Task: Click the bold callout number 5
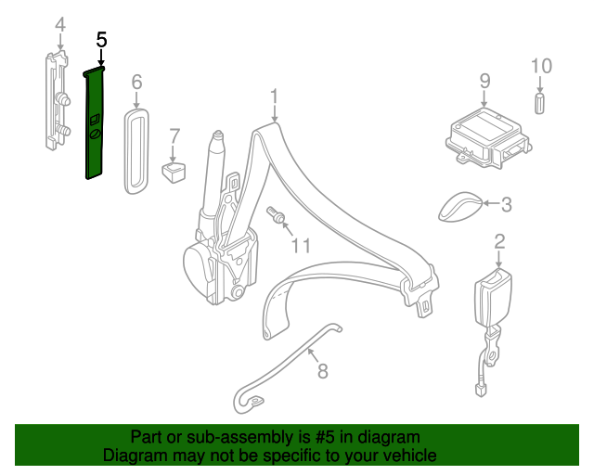coord(101,40)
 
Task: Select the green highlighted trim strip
coord(94,123)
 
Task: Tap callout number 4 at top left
coord(60,25)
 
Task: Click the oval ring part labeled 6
coord(136,151)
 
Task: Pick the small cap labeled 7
coord(174,172)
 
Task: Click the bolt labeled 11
coord(277,215)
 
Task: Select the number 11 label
coord(301,246)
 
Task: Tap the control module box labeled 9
coord(488,138)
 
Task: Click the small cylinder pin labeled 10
coord(539,103)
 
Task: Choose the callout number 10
coord(541,66)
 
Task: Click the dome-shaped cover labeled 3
coord(460,207)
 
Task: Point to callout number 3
coord(507,204)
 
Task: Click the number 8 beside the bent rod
coord(322,371)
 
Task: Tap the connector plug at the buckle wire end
coord(481,391)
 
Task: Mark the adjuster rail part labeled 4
coord(57,101)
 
